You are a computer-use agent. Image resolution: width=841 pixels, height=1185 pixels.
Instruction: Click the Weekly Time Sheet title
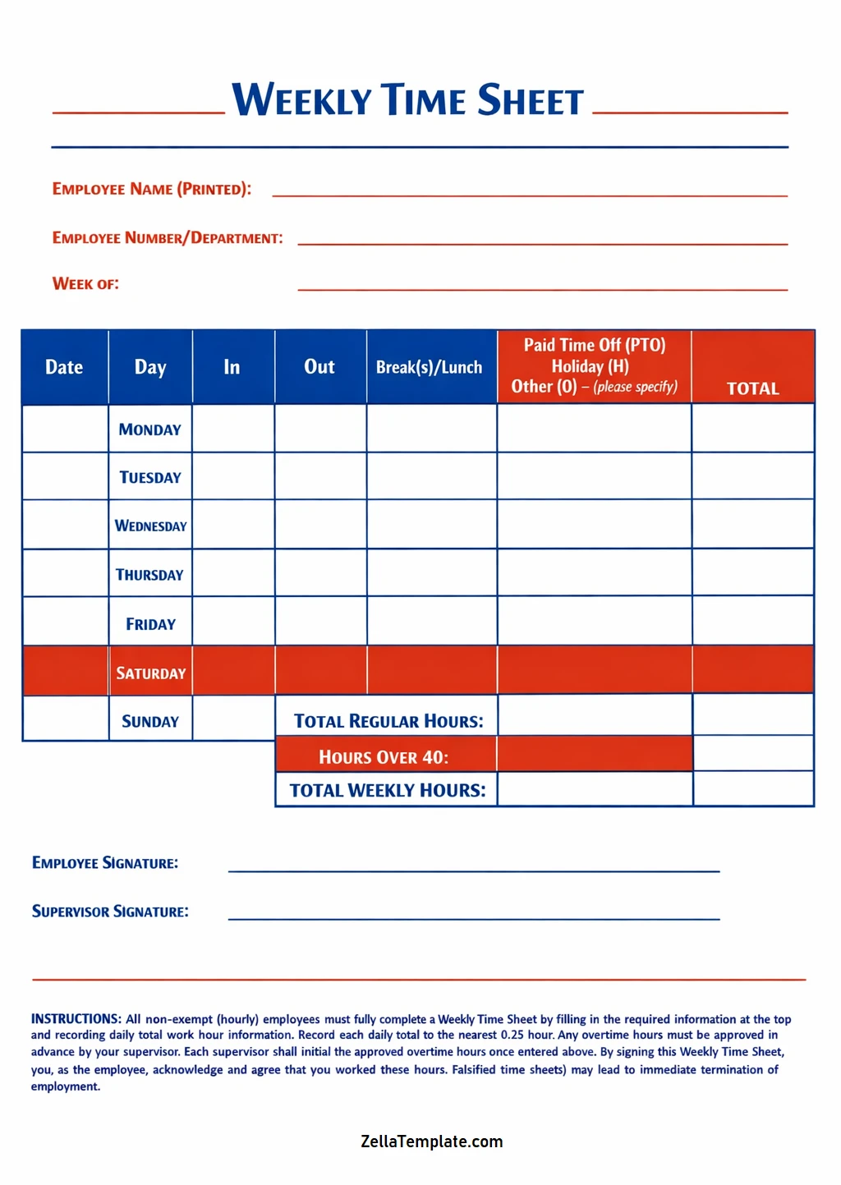click(407, 100)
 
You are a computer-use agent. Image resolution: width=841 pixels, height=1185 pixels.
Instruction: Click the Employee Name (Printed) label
click(152, 189)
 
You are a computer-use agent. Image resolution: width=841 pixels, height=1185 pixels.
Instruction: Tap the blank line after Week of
click(542, 284)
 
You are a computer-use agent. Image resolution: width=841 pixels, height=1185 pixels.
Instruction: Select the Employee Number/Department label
click(168, 238)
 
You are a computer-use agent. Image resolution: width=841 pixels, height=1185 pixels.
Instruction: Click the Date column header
click(64, 367)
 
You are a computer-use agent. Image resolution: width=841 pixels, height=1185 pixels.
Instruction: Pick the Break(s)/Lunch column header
click(430, 367)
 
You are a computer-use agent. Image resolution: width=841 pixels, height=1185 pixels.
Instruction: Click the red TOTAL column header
click(752, 388)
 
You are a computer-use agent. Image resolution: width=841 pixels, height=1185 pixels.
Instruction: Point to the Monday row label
click(149, 429)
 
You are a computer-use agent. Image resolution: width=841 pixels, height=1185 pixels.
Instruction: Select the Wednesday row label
click(150, 526)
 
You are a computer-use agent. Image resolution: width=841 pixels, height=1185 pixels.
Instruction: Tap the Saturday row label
click(150, 673)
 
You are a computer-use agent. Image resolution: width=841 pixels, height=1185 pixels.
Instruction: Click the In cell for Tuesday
click(233, 476)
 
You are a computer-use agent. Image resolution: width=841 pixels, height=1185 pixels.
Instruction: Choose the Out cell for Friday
click(320, 622)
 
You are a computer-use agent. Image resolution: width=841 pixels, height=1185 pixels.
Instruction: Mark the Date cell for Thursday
click(65, 573)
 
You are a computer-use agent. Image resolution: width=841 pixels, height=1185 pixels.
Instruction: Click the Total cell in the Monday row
click(752, 428)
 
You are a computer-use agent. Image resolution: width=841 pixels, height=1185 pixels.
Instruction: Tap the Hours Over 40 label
click(384, 757)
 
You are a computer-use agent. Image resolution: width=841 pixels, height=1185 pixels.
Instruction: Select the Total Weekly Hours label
click(388, 790)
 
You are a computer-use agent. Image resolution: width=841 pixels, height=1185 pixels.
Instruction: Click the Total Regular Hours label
click(388, 721)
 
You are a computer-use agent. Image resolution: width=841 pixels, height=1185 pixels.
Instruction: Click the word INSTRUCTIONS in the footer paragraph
click(76, 1019)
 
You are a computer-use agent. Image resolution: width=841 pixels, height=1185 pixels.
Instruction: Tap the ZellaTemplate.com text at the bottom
click(431, 1141)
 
